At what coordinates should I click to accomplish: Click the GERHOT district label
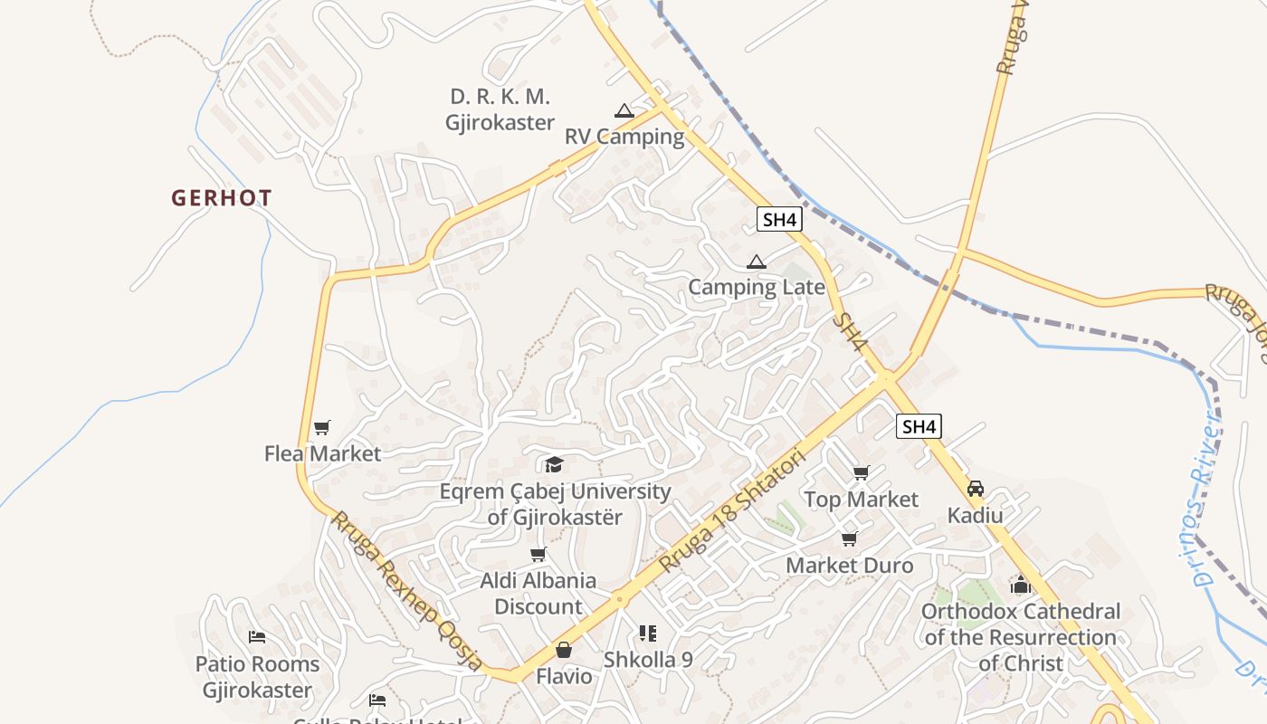222,198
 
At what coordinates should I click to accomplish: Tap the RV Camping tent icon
624,111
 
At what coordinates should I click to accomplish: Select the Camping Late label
757,288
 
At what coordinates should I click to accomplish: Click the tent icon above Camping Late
757,262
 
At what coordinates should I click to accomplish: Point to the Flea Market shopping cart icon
322,427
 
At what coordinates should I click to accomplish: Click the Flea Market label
322,453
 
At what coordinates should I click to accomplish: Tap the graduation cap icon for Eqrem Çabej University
554,465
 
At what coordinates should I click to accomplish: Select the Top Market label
861,500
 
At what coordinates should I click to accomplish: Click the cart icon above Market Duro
849,539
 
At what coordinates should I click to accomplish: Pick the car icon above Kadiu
975,489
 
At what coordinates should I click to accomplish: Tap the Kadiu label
975,515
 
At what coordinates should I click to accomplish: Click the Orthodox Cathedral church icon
1021,586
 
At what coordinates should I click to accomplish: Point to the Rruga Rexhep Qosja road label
407,589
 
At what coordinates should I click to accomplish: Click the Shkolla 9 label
648,660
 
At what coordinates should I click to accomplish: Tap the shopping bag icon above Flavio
563,650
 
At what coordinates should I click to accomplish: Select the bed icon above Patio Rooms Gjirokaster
257,637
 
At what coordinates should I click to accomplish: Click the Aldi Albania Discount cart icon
538,554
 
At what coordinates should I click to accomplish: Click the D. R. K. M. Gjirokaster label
500,110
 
